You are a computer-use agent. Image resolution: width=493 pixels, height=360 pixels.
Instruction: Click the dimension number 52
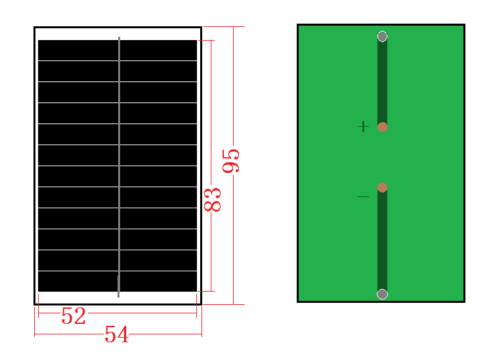tap(74, 315)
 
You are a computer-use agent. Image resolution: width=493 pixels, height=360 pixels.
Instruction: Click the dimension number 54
tap(117, 334)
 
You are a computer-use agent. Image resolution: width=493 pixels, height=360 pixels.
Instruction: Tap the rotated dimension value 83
tap(213, 200)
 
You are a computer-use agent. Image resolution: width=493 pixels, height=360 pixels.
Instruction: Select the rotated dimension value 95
tap(231, 161)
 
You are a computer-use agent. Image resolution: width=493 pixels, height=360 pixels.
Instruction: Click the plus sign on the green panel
tap(363, 127)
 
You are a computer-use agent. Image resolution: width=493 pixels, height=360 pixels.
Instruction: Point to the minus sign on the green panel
tap(364, 196)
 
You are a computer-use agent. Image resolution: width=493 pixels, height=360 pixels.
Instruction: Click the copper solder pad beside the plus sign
tap(382, 127)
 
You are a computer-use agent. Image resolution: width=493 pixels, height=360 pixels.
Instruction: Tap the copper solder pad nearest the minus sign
tap(382, 187)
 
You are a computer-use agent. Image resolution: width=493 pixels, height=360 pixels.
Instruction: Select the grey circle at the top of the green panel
tap(382, 37)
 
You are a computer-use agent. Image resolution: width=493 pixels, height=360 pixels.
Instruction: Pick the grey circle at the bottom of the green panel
tap(382, 294)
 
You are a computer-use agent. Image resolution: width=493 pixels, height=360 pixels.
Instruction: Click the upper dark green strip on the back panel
tap(382, 82)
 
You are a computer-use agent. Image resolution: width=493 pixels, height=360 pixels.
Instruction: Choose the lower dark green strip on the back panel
tap(382, 240)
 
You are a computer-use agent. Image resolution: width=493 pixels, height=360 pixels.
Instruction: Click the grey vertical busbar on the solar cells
tap(119, 167)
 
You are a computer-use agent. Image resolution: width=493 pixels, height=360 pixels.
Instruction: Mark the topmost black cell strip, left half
tap(78, 50)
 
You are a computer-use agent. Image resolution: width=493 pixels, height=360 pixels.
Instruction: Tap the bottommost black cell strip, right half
tap(158, 281)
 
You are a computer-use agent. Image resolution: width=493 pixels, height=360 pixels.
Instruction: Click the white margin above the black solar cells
tap(118, 34)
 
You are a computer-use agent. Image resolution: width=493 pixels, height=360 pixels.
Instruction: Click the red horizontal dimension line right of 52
tap(142, 313)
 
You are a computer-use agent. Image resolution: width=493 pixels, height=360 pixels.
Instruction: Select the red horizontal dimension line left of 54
tap(69, 334)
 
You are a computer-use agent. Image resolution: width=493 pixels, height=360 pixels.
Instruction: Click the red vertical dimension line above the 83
tap(211, 114)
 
